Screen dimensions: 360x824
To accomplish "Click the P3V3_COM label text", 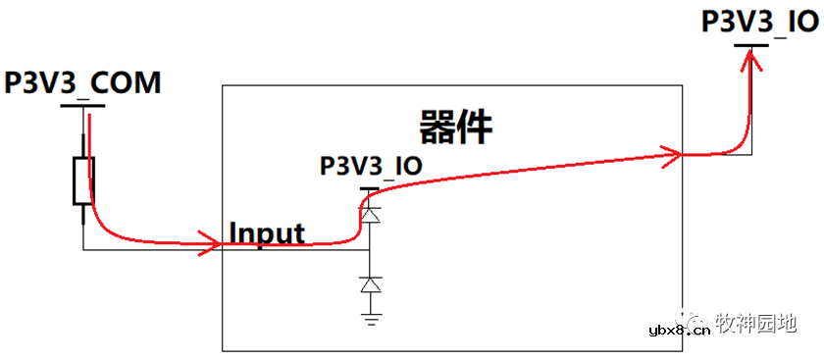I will click(x=82, y=83).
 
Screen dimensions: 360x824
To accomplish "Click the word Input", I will click(x=267, y=233).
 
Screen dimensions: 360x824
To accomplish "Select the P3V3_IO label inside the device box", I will click(x=371, y=166).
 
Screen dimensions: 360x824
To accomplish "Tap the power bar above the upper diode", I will click(x=370, y=187).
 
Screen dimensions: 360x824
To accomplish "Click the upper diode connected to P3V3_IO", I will click(x=370, y=212).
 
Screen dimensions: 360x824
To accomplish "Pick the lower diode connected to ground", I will click(x=370, y=285).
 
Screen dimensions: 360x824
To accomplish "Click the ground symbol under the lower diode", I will click(x=370, y=317).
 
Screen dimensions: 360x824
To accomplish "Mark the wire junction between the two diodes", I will click(x=370, y=248).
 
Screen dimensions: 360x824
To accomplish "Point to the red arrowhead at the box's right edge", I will click(x=672, y=153).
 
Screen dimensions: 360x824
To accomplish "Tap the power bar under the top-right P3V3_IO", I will click(x=752, y=45).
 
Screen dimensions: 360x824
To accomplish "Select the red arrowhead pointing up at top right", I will click(x=751, y=61).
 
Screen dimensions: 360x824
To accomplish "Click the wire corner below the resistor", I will click(x=83, y=248).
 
